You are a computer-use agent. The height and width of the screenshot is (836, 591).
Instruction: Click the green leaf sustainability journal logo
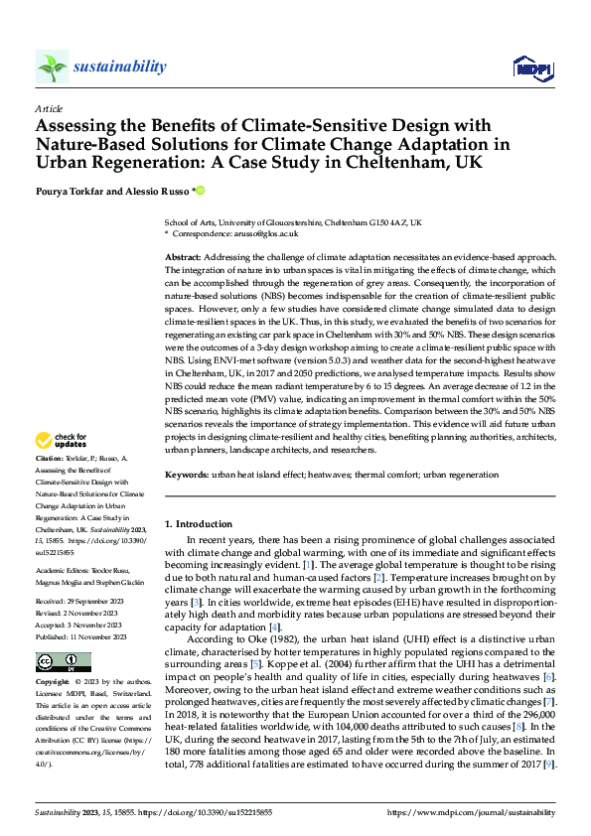52,67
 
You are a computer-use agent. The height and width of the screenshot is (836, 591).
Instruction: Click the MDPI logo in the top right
530,67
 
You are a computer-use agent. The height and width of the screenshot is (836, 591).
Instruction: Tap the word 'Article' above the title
49,108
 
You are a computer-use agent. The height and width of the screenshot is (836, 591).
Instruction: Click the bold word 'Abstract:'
186,257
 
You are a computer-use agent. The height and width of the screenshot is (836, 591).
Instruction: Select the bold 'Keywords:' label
190,475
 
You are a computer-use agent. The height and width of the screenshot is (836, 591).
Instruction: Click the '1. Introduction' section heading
201,522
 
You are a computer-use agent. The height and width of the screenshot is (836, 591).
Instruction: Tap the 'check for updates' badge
62,439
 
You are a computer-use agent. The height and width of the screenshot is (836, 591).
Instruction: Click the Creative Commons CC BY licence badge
63,661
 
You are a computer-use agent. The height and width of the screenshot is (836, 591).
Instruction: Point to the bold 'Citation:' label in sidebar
51,459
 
